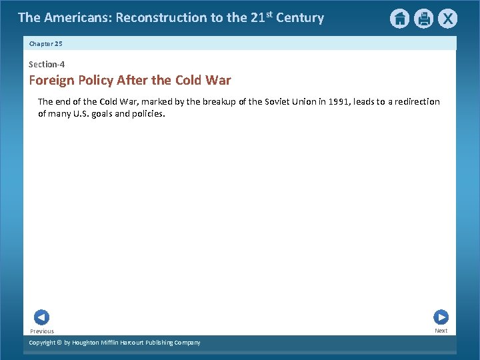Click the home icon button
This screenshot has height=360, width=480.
pyautogui.click(x=399, y=19)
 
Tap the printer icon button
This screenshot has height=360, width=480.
pyautogui.click(x=423, y=19)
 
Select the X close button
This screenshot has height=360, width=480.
pyautogui.click(x=447, y=19)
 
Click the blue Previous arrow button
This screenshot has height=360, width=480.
pyautogui.click(x=41, y=318)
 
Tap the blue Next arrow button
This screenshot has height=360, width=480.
pyautogui.click(x=441, y=317)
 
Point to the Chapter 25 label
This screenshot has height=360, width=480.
pyautogui.click(x=46, y=44)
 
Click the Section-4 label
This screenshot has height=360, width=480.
pyautogui.click(x=47, y=65)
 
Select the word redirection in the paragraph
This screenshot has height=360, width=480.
pyautogui.click(x=412, y=102)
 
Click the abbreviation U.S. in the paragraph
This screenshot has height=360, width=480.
pyautogui.click(x=89, y=113)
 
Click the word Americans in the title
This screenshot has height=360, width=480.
pyautogui.click(x=77, y=18)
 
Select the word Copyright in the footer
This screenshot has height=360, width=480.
pyautogui.click(x=42, y=343)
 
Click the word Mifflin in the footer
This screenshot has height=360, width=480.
pyautogui.click(x=114, y=343)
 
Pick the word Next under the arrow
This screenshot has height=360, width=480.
pyautogui.click(x=441, y=331)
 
